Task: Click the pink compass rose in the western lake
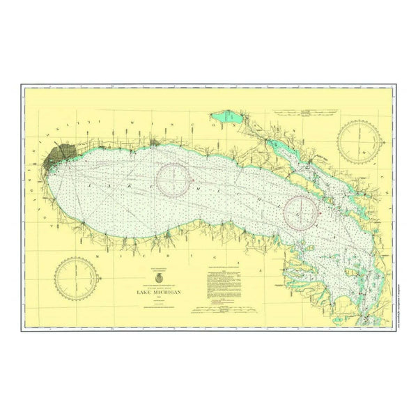pos(173,179)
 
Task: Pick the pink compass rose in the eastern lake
pos(301,210)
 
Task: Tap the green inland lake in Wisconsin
pos(226,117)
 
